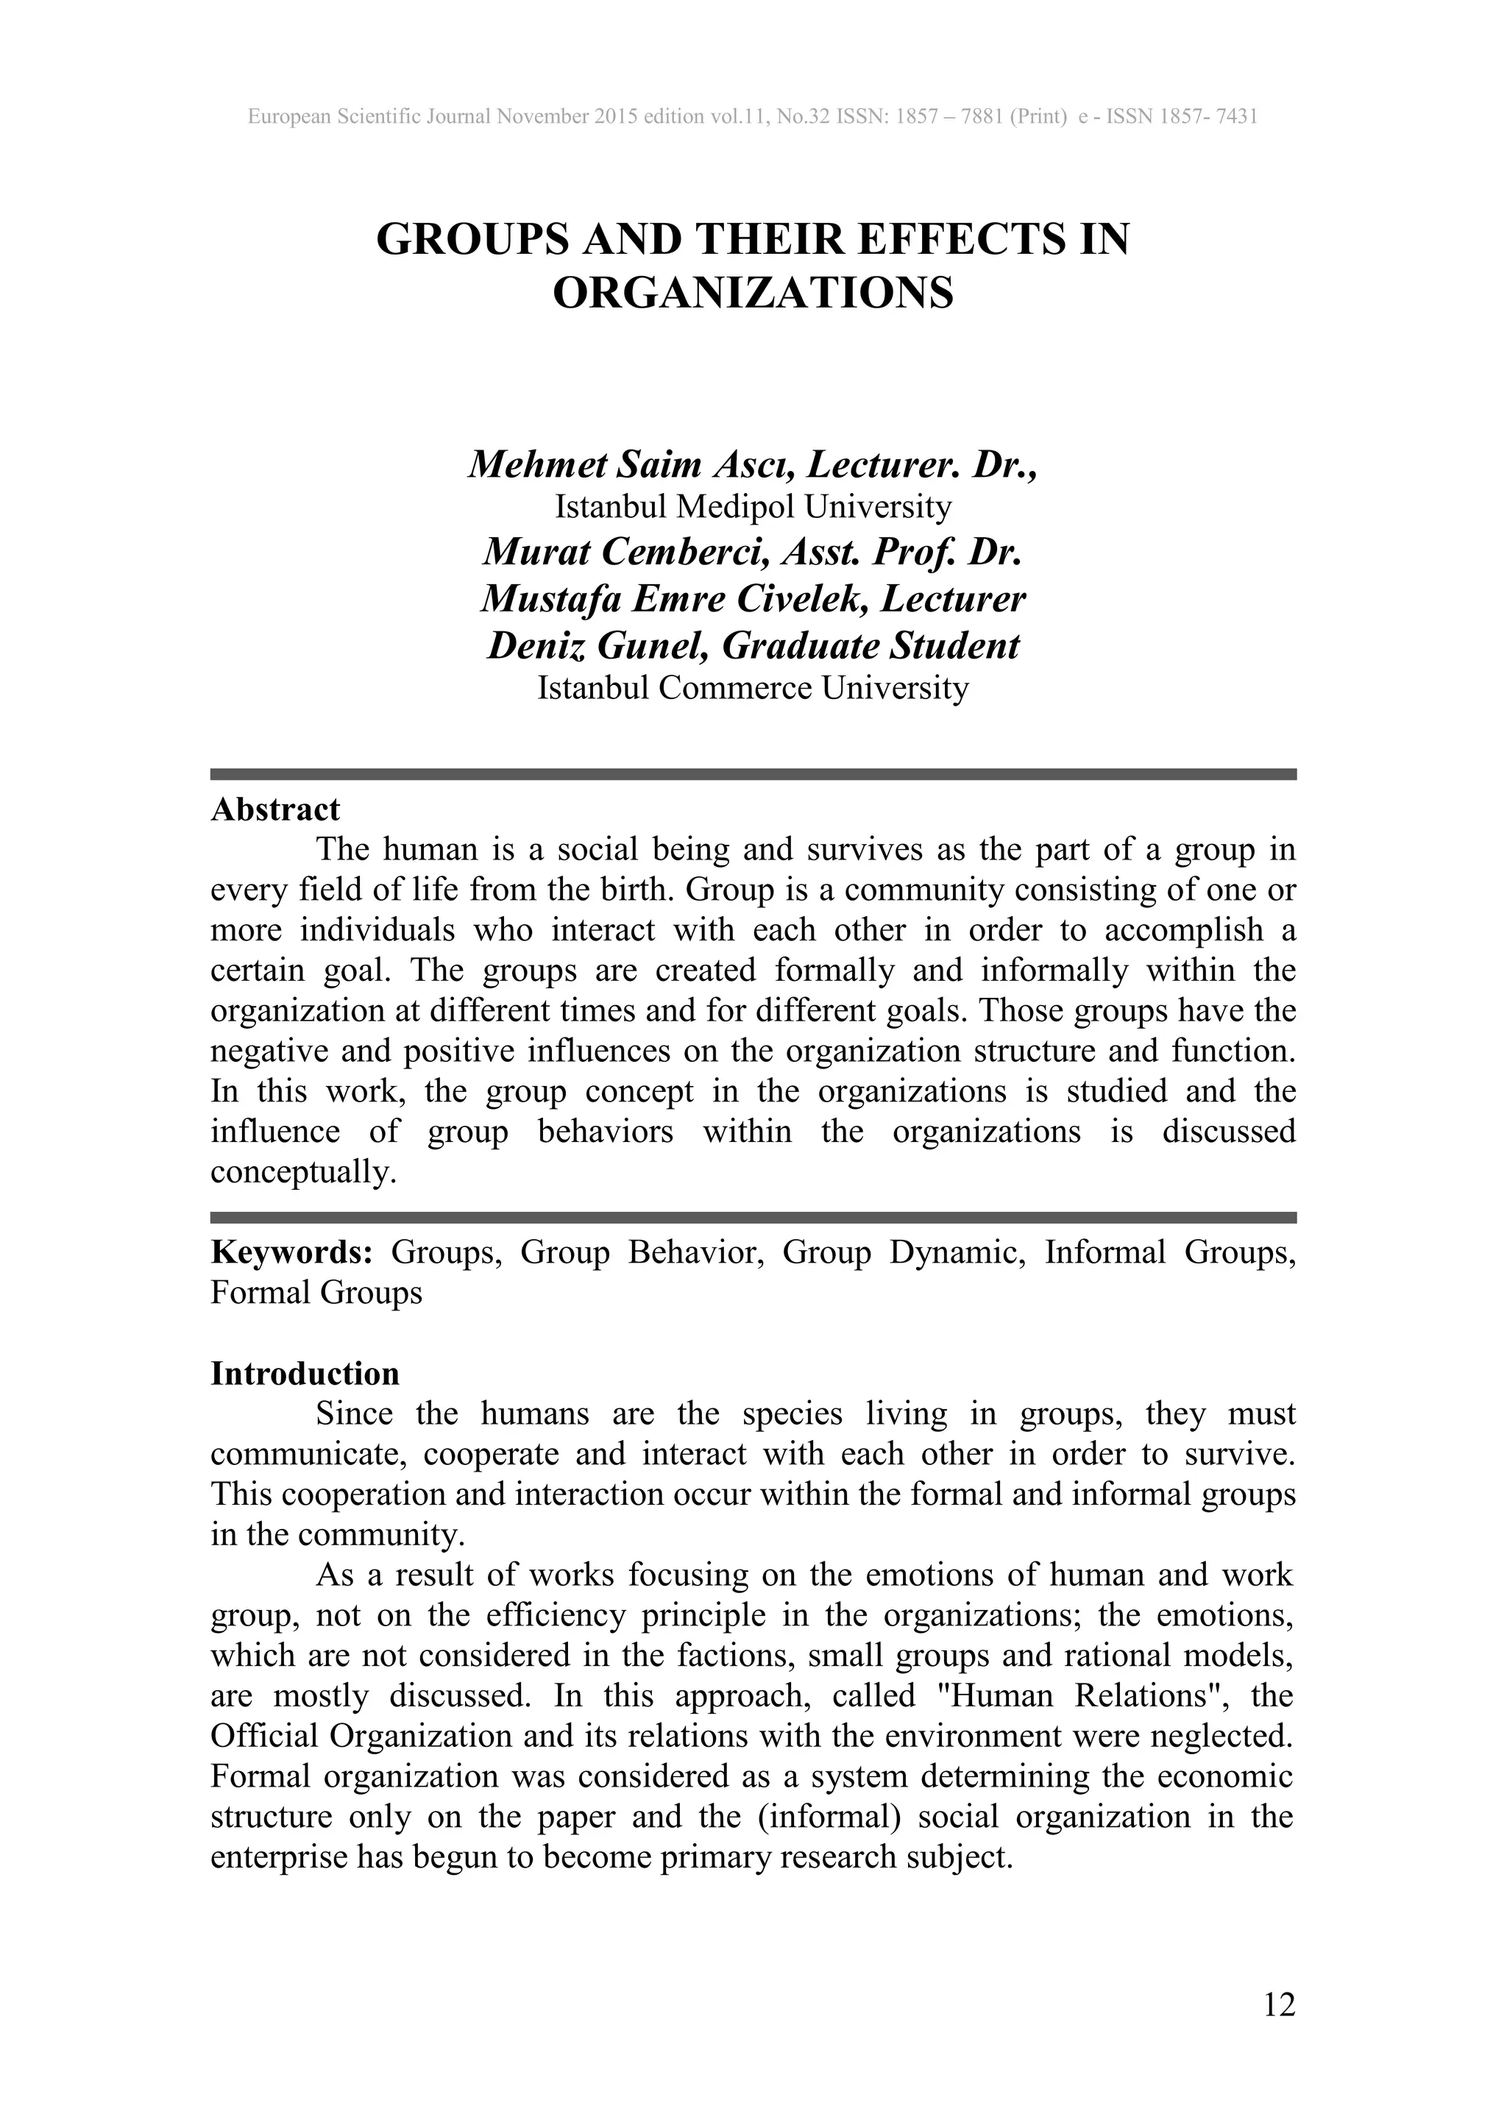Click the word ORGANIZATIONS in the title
[x=753, y=294]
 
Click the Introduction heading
[x=305, y=1374]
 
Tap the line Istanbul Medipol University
[x=753, y=507]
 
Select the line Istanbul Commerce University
[x=753, y=688]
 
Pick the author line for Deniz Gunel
[x=753, y=646]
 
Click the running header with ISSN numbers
[x=753, y=117]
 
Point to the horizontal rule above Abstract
[x=753, y=774]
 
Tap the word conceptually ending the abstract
[x=302, y=1173]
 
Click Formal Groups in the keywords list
[x=316, y=1293]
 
